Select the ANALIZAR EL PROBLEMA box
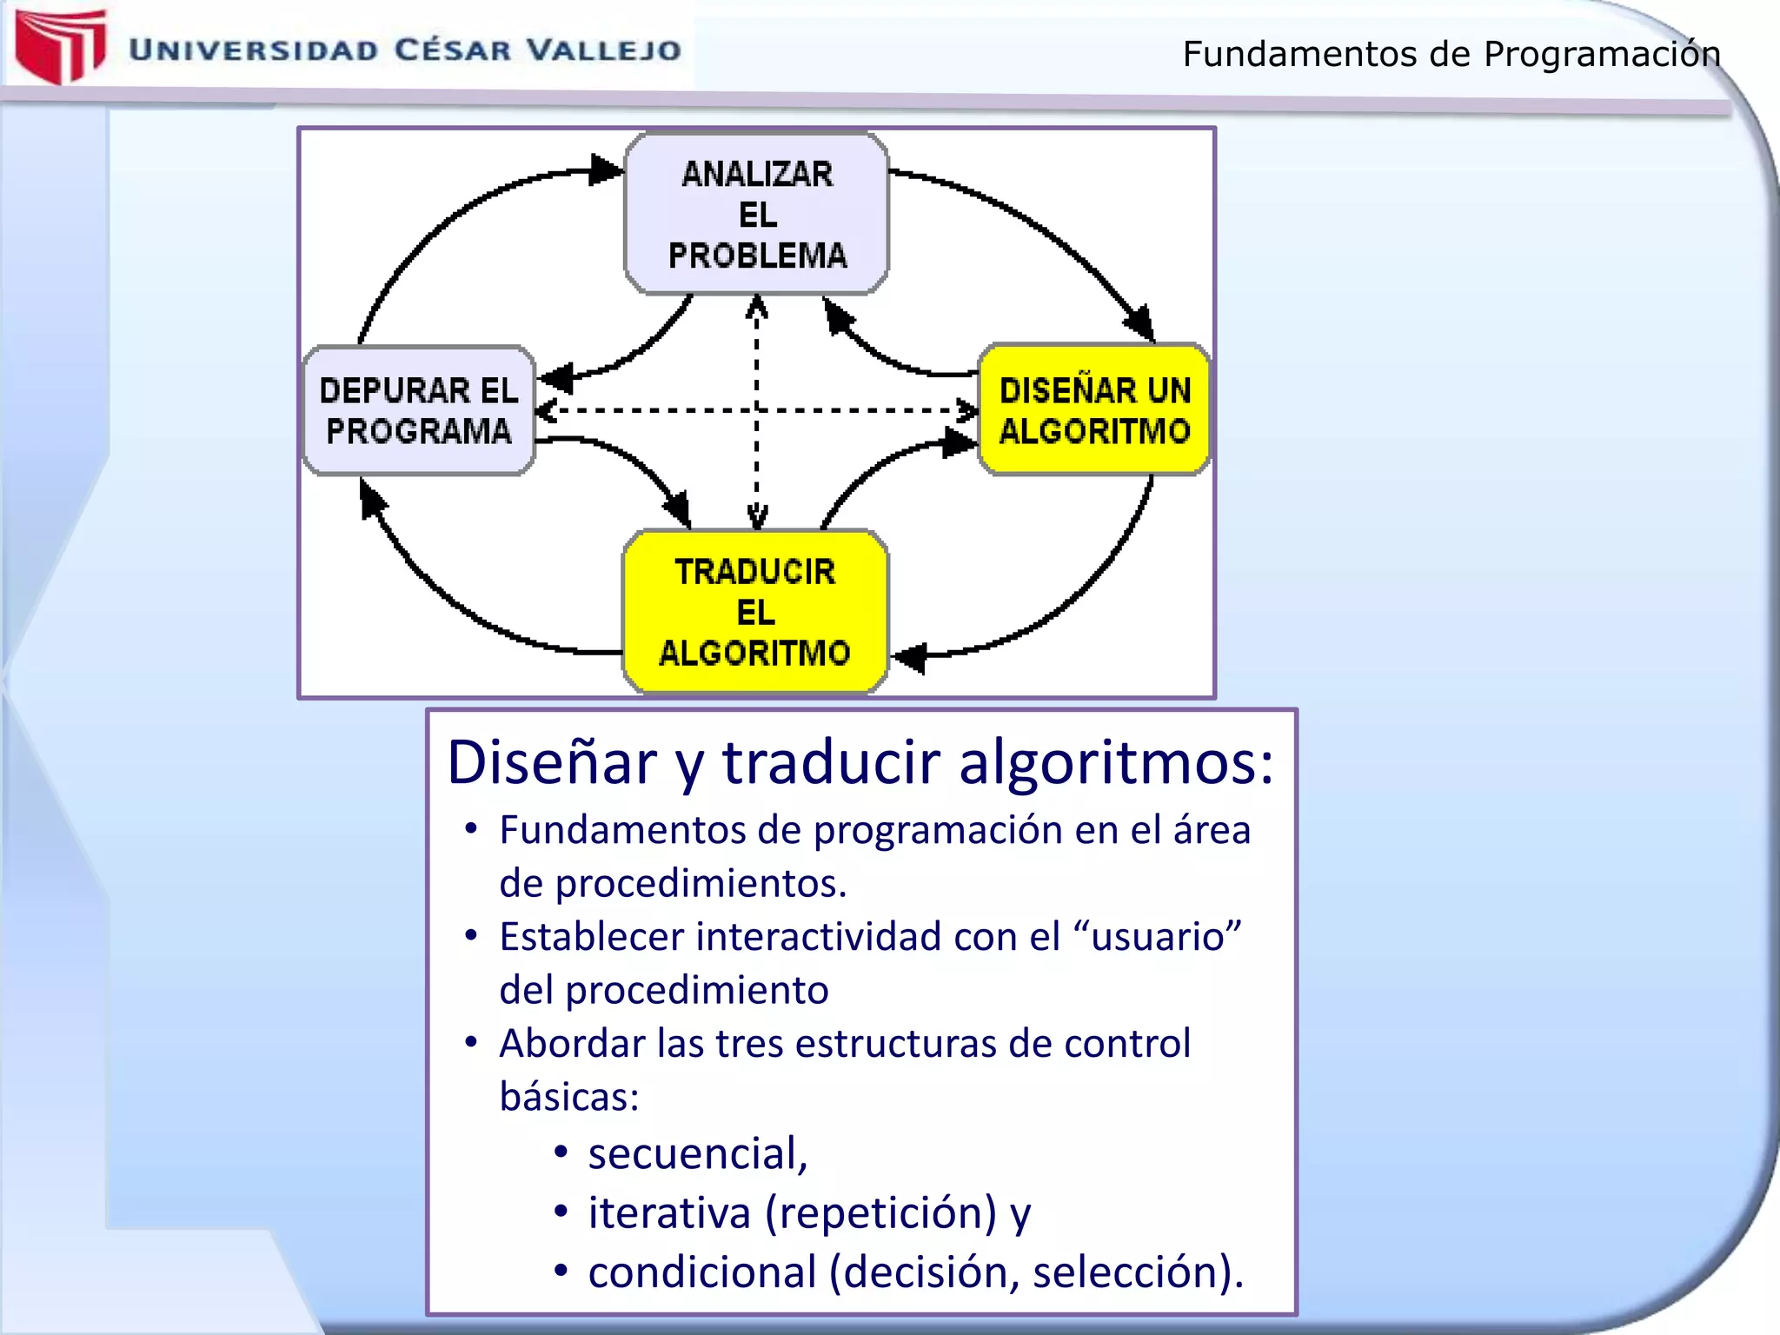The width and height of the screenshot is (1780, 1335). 756,214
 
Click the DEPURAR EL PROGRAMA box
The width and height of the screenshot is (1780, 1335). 418,410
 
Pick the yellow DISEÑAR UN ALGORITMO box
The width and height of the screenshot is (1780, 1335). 1094,410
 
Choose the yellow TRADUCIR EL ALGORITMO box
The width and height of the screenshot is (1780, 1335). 755,612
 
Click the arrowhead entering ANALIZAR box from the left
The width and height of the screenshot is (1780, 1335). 607,169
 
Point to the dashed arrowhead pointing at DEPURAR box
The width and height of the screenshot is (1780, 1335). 546,410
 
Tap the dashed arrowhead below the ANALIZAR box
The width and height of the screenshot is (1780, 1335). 757,306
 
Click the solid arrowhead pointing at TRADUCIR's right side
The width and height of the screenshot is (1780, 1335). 909,657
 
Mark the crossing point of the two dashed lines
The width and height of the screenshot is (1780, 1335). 757,410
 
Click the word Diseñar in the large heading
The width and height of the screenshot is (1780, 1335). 552,762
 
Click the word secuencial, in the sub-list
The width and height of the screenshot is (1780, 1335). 698,1153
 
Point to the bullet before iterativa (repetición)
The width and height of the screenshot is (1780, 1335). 561,1211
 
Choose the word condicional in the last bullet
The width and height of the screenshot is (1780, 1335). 702,1272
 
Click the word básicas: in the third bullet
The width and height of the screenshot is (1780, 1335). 569,1096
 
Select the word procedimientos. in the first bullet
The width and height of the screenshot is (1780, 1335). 701,883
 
